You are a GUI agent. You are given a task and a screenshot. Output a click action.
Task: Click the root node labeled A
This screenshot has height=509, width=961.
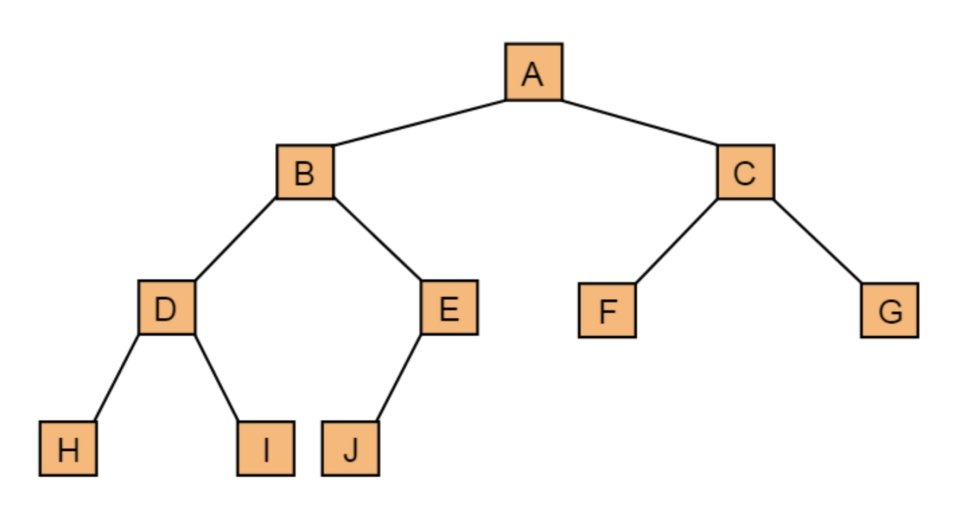(x=533, y=71)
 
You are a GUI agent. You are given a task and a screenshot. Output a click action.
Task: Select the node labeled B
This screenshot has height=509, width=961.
(x=304, y=172)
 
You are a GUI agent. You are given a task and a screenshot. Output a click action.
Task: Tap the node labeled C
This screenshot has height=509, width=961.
(x=745, y=172)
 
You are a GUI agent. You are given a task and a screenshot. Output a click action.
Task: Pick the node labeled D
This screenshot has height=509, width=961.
(x=166, y=307)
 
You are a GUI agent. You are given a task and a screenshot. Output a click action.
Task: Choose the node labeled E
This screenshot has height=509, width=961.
(x=449, y=307)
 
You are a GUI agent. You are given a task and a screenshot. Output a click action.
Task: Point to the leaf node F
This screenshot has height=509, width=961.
(x=607, y=310)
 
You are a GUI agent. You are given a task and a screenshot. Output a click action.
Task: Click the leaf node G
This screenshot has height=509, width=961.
(x=889, y=310)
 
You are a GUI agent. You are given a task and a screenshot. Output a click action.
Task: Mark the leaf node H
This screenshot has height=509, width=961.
(x=68, y=448)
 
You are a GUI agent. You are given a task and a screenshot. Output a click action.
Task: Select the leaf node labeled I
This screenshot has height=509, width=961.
(x=265, y=448)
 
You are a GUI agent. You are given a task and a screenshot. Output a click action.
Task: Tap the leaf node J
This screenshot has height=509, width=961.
(x=350, y=448)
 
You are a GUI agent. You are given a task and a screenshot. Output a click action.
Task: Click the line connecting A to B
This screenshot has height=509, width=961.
(x=419, y=122)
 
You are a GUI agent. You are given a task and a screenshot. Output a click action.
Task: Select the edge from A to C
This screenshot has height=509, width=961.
(x=639, y=122)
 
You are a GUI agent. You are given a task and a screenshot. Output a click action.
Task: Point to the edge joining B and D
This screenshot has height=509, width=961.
(x=235, y=239)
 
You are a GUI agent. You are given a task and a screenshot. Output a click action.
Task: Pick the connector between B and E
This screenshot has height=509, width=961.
(x=377, y=239)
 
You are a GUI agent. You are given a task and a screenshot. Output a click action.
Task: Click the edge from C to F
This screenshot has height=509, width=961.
(x=676, y=241)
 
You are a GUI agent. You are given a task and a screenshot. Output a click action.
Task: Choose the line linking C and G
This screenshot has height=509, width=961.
(x=817, y=241)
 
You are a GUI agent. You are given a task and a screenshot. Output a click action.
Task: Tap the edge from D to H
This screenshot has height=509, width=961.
(x=116, y=378)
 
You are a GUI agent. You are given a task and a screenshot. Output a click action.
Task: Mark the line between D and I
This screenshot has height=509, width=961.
(x=216, y=378)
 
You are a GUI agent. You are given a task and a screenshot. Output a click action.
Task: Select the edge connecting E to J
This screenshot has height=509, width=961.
(x=398, y=378)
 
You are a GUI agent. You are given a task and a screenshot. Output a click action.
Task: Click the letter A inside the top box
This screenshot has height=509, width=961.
(x=533, y=74)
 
